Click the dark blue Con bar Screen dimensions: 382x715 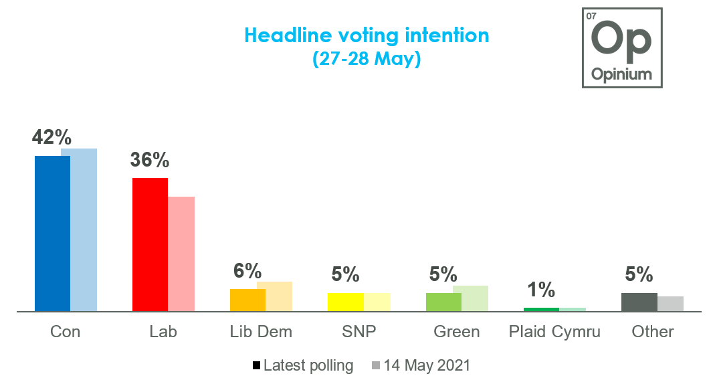click(52, 233)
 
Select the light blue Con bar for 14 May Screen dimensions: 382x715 click(79, 229)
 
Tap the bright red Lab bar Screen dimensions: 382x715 click(150, 244)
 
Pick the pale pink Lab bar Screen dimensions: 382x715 click(181, 254)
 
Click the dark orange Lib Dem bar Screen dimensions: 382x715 click(247, 300)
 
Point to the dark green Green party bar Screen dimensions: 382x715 click(443, 302)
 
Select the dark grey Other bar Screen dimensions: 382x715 click(639, 302)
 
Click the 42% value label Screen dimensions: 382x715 click(52, 137)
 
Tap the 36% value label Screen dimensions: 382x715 click(150, 160)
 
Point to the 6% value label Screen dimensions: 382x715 click(247, 271)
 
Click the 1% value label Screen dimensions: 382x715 click(540, 290)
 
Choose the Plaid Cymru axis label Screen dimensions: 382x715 click(554, 332)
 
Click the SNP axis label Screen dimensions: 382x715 click(359, 332)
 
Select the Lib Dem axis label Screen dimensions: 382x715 click(261, 332)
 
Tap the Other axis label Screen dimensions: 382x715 click(652, 332)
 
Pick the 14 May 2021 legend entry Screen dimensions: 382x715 click(421, 365)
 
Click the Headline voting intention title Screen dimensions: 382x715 click(367, 35)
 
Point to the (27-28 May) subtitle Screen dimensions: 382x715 click(367, 59)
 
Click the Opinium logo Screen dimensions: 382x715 click(622, 47)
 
